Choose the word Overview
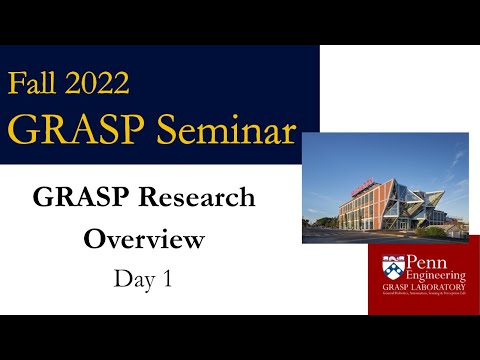click(x=144, y=240)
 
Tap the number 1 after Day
click(x=165, y=279)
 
